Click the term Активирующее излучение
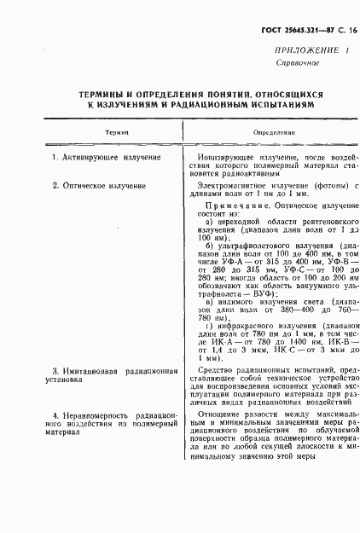(x=108, y=159)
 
